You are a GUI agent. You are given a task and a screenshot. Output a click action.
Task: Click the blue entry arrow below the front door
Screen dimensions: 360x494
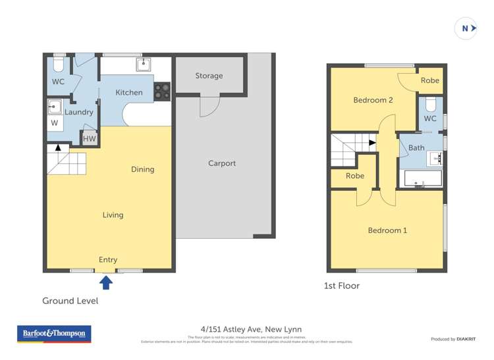[x=106, y=283]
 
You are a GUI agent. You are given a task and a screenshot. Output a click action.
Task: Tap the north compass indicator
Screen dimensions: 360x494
[x=466, y=28]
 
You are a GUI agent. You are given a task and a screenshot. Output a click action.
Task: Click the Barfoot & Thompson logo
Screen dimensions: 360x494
[x=54, y=334]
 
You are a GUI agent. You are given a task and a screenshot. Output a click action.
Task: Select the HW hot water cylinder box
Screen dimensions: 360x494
[x=90, y=139]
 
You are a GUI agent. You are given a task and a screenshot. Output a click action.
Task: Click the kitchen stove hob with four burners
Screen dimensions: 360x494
[x=162, y=91]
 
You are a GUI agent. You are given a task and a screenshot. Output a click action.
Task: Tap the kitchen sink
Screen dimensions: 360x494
[x=144, y=64]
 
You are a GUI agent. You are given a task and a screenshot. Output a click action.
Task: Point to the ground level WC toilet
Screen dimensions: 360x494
[x=57, y=64]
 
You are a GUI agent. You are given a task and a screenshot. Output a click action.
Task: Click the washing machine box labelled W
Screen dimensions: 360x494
[x=54, y=122]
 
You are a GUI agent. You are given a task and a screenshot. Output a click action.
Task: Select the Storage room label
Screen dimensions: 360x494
[x=209, y=76]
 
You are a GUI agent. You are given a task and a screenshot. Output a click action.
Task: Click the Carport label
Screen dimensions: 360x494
[x=222, y=163]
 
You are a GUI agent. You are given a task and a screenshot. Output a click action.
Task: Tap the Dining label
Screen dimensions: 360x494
[x=142, y=169]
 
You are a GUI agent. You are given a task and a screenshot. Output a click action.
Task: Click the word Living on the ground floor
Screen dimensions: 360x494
[x=113, y=215]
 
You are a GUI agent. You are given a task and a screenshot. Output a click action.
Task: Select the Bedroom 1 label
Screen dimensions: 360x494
[x=387, y=230]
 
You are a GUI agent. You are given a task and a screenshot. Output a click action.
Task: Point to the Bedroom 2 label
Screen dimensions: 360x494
[x=373, y=100]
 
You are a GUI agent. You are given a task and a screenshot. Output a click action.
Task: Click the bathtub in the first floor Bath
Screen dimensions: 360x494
[x=422, y=179]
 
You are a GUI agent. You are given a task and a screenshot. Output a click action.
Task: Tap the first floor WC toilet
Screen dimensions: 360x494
[x=431, y=105]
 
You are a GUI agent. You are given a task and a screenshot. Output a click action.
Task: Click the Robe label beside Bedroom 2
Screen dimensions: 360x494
[x=429, y=80]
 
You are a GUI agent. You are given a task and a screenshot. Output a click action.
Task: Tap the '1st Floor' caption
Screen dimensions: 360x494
[x=341, y=286]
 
